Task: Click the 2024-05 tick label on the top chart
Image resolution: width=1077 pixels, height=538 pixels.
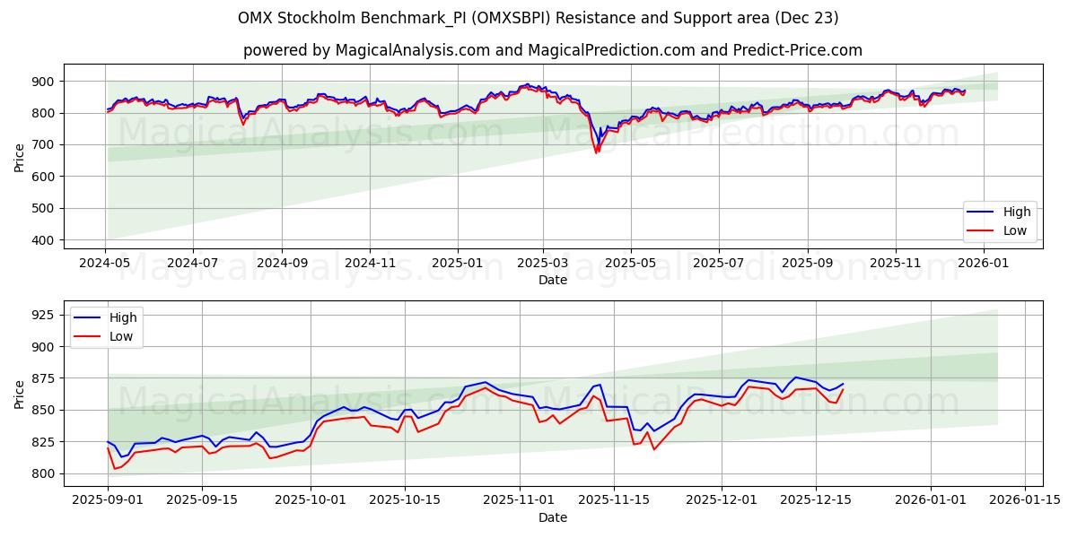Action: pos(106,265)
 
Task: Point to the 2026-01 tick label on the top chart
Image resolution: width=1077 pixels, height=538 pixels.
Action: pos(984,265)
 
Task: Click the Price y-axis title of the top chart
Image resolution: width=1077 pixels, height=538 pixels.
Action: pos(19,158)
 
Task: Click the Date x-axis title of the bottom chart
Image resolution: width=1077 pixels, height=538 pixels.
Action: pos(552,517)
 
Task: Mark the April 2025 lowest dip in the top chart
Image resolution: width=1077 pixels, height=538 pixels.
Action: pos(595,152)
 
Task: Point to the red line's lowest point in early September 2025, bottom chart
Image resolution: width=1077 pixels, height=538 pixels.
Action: pos(114,469)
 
